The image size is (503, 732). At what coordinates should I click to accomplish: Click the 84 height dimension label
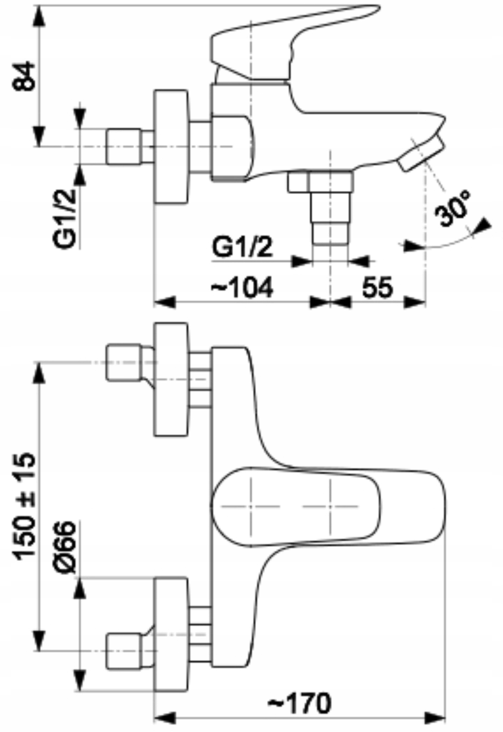point(23,76)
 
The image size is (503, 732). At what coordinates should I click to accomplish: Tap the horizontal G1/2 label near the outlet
point(242,248)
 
